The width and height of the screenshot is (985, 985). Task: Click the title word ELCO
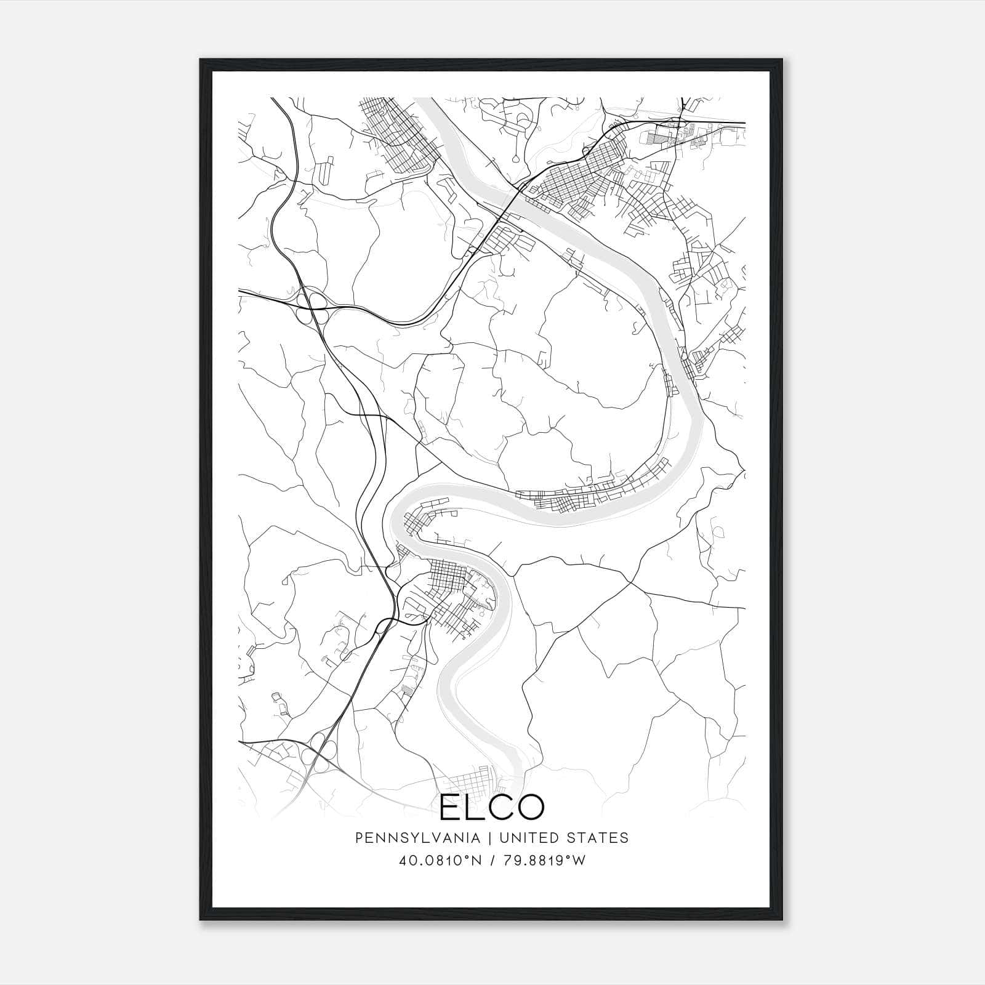pos(492,807)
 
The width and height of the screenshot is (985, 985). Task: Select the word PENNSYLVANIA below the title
pos(409,838)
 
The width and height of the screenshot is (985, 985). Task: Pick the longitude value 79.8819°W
pos(544,860)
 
